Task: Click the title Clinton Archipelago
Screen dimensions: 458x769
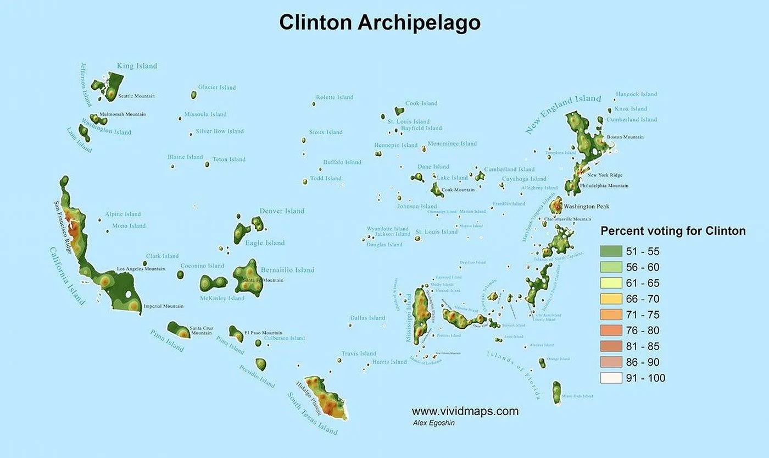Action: click(x=380, y=23)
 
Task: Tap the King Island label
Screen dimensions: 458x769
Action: click(x=137, y=66)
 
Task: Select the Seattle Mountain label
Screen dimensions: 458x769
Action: click(x=136, y=96)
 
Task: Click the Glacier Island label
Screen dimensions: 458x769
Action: click(x=217, y=87)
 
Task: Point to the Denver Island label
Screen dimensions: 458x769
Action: click(x=282, y=211)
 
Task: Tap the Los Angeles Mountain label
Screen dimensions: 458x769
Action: click(x=141, y=269)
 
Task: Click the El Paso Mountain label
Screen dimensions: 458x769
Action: click(x=263, y=333)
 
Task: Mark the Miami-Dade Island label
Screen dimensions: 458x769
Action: click(x=577, y=396)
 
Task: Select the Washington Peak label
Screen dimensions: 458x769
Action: click(x=586, y=207)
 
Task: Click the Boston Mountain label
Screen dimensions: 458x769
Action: click(x=625, y=137)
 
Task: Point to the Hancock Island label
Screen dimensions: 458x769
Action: click(x=636, y=94)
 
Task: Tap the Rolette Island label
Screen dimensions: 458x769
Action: click(x=335, y=97)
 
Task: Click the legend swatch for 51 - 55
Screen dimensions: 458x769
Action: click(x=611, y=252)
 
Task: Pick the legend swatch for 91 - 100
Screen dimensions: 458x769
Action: click(x=611, y=378)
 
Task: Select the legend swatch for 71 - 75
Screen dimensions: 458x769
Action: click(x=611, y=315)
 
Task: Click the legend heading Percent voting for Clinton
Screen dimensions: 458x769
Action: click(x=673, y=231)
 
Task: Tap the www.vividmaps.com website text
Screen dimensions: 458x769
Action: click(x=465, y=411)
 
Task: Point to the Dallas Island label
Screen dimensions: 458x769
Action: click(x=367, y=318)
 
